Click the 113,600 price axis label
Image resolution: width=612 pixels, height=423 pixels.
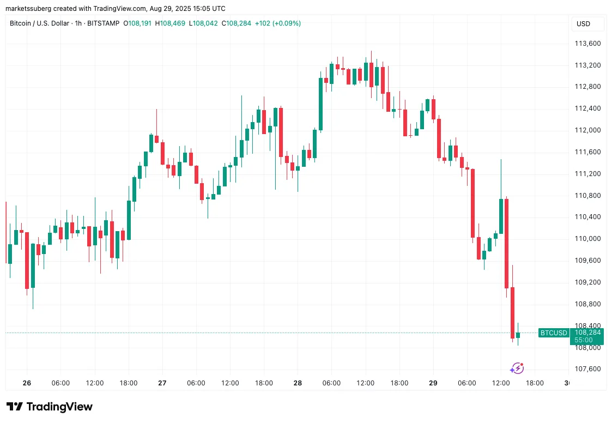(587, 44)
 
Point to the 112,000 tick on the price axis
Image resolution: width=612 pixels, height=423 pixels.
(587, 130)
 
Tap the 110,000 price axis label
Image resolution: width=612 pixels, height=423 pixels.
(587, 239)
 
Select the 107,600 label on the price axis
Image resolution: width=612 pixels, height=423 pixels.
(587, 369)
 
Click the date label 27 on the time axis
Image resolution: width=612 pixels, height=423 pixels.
(162, 383)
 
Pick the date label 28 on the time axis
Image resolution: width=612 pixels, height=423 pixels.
(298, 383)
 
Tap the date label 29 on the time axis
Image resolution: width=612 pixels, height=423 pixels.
(433, 383)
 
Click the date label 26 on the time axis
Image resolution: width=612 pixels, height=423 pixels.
(27, 383)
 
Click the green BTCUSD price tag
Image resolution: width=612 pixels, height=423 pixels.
(553, 333)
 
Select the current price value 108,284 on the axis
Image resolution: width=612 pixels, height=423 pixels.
(587, 333)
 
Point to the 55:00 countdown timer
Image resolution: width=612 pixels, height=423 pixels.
(584, 340)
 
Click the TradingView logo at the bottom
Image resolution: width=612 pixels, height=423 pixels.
(50, 407)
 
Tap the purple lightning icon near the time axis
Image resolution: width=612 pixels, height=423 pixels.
(517, 368)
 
